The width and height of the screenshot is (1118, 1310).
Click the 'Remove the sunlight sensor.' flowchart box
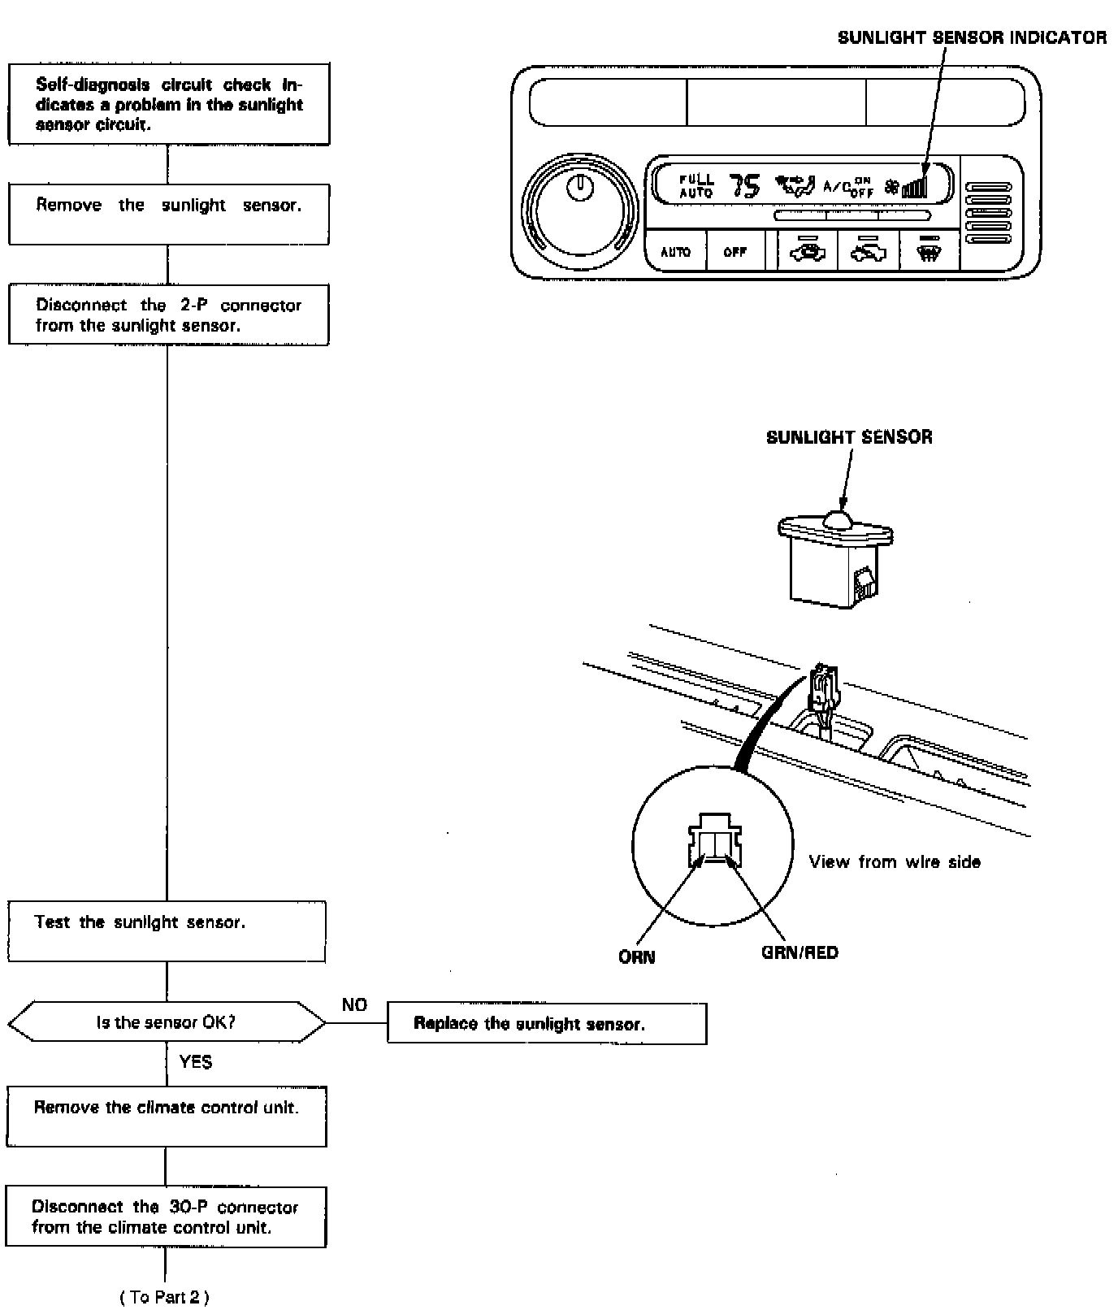tap(168, 214)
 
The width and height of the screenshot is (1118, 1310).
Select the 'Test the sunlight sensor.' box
tap(167, 930)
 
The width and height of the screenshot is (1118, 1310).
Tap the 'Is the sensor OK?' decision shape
tap(167, 1022)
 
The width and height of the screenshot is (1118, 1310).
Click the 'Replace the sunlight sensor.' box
tap(546, 1024)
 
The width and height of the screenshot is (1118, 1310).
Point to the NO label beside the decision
tap(354, 1005)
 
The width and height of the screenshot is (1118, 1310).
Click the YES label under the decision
tap(195, 1061)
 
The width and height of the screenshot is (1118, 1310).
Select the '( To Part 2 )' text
tap(164, 1297)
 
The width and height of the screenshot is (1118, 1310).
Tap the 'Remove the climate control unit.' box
tap(167, 1116)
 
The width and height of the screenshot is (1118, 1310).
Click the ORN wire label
tap(636, 957)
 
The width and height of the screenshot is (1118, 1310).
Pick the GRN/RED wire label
tap(799, 952)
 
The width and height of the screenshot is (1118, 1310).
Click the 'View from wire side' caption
tap(895, 861)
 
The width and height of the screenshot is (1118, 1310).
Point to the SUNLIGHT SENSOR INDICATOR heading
tap(972, 37)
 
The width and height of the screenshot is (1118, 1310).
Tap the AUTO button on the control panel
tap(675, 252)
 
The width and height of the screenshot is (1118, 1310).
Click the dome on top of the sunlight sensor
tap(837, 518)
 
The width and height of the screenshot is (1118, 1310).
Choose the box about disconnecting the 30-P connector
tap(166, 1217)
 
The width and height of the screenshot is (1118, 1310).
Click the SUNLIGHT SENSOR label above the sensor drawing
tap(849, 437)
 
